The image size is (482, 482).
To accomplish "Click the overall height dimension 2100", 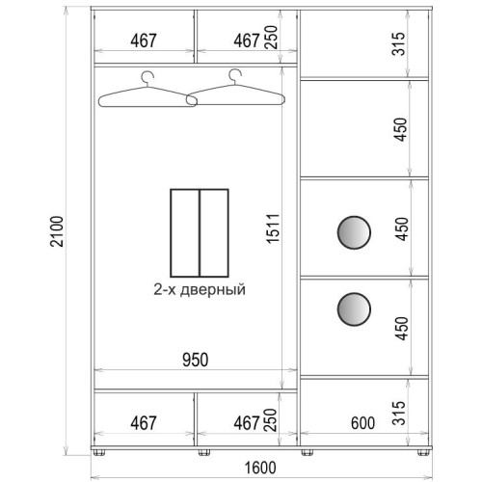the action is (57, 231).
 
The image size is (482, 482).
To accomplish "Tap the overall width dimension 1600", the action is (260, 468).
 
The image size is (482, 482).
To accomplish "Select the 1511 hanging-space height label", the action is (273, 228).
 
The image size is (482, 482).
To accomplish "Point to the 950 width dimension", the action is (196, 360).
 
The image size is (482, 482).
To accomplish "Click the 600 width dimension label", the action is (362, 423).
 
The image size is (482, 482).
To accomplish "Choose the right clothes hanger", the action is (235, 88).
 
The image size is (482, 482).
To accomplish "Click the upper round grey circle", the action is (354, 232).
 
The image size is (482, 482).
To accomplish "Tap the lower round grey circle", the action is (354, 309).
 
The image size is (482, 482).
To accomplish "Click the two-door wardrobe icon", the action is (200, 233).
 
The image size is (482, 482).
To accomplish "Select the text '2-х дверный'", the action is (200, 289).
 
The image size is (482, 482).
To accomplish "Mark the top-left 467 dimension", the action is (144, 40).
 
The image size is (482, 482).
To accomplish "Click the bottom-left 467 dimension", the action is (144, 423).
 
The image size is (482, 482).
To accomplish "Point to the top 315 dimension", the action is (398, 44).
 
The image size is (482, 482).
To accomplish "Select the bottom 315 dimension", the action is (398, 413).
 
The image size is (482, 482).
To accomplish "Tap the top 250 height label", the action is (271, 37).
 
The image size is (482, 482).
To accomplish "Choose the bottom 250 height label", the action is (270, 419).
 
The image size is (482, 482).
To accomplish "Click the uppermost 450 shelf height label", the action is (401, 129).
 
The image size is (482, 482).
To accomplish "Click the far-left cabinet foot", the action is (99, 452).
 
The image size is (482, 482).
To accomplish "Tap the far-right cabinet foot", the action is (423, 452).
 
